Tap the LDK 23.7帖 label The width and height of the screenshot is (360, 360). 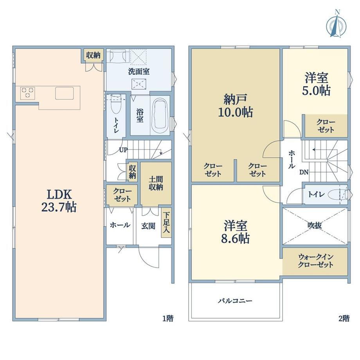point(59,201)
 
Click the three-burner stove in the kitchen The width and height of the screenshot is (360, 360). point(27,93)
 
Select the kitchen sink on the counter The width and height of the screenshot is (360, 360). point(64,93)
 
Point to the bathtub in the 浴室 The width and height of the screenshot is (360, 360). point(160,116)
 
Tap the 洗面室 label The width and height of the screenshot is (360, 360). point(139,71)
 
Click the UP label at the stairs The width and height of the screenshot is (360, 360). point(123,150)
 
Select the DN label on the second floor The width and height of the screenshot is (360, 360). point(304,172)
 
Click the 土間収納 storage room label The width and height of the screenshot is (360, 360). point(156,183)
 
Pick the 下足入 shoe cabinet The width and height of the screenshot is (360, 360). point(166,223)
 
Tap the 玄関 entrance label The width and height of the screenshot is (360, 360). point(148,226)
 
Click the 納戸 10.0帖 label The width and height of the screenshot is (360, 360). point(235,106)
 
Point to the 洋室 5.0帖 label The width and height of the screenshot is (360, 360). point(316,84)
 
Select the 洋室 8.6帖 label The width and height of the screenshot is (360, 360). point(235,232)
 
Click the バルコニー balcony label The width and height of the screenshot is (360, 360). point(235,301)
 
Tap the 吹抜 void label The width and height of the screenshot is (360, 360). point(315,225)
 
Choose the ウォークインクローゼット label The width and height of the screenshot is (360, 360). point(315,261)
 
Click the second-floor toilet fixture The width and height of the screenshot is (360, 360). point(337,195)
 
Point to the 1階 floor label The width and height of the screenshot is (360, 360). point(168,319)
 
